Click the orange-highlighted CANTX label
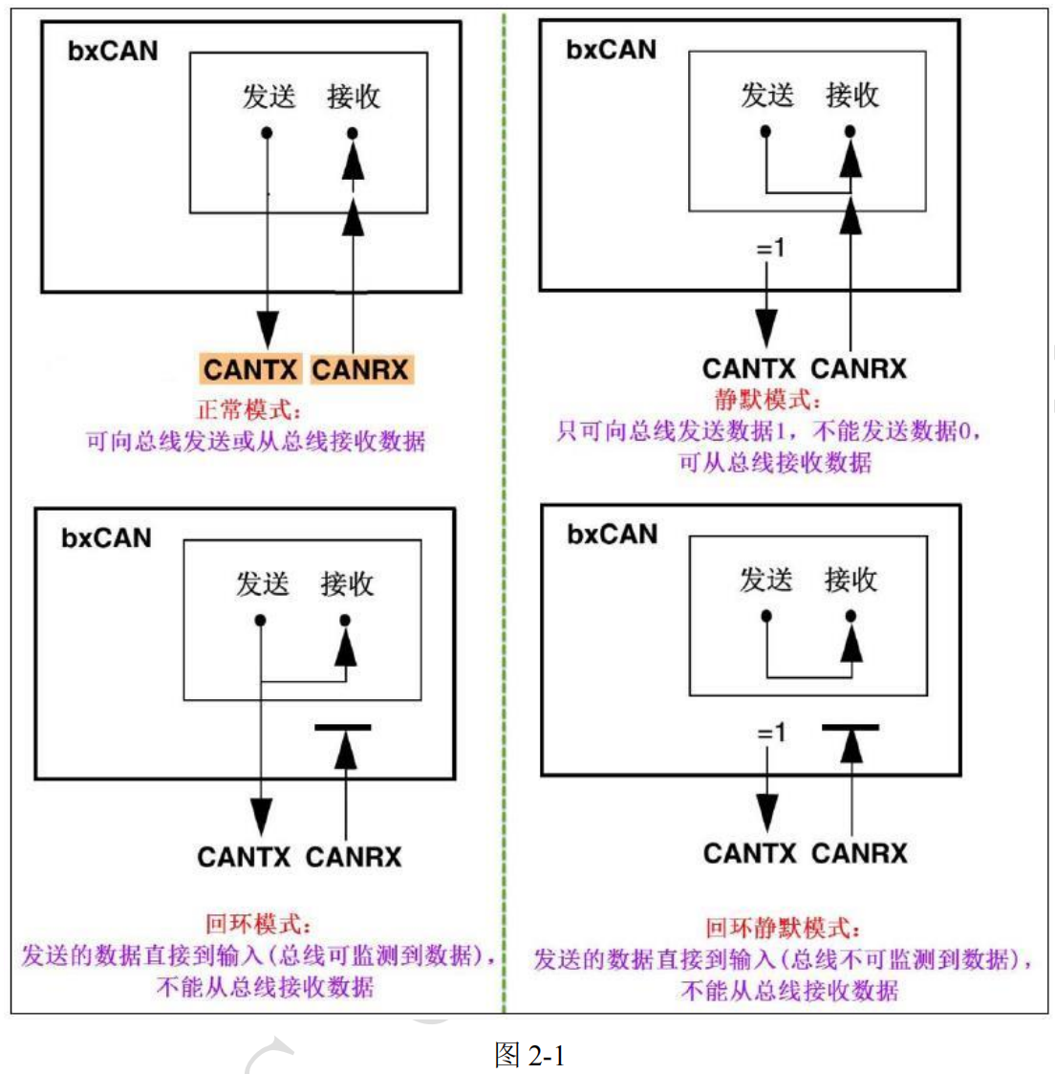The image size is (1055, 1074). pyautogui.click(x=250, y=370)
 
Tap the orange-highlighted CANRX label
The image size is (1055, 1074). pyautogui.click(x=361, y=370)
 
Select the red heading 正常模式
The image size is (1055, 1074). pyautogui.click(x=249, y=410)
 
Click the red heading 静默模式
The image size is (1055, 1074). pyautogui.click(x=766, y=400)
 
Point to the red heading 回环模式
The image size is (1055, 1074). pyautogui.click(x=258, y=924)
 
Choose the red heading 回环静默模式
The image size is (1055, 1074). pyautogui.click(x=783, y=928)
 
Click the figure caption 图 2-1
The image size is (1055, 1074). pyautogui.click(x=529, y=1054)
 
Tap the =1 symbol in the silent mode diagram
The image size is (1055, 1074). pyautogui.click(x=771, y=248)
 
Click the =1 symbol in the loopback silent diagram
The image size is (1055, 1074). pyautogui.click(x=771, y=733)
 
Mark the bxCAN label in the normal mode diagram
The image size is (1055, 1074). pyautogui.click(x=113, y=52)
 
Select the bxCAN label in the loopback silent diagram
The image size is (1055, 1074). pyautogui.click(x=612, y=535)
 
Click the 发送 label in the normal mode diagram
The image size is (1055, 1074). pyautogui.click(x=269, y=97)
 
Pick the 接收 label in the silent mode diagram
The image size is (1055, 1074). pyautogui.click(x=851, y=96)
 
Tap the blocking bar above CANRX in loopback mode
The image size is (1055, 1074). pyautogui.click(x=343, y=728)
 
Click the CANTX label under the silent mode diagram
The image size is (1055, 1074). pyautogui.click(x=748, y=369)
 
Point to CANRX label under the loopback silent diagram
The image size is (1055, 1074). pyautogui.click(x=859, y=853)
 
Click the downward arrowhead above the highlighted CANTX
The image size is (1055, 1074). pyautogui.click(x=268, y=329)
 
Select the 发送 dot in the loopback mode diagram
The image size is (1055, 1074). pyautogui.click(x=260, y=621)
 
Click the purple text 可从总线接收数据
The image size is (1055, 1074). pyautogui.click(x=775, y=463)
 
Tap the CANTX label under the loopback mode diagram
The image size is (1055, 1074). pyautogui.click(x=244, y=857)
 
